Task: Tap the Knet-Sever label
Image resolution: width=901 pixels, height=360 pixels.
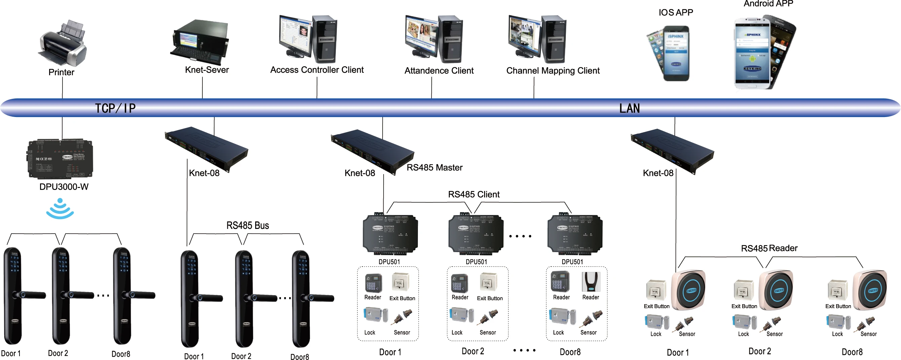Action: [x=207, y=70]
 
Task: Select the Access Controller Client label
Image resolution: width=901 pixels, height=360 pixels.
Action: [x=317, y=70]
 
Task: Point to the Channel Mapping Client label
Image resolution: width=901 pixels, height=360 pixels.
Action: [x=553, y=71]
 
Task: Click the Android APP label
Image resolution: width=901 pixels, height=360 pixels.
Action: [x=768, y=4]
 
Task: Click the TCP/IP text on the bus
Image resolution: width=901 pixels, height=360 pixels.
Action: [x=115, y=109]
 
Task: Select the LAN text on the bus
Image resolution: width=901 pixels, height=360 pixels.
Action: [x=629, y=109]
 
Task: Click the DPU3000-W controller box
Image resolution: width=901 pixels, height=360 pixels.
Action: [x=61, y=159]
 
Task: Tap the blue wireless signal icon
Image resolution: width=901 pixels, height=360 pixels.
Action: [x=60, y=209]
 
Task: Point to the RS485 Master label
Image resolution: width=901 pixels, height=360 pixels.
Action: [x=434, y=168]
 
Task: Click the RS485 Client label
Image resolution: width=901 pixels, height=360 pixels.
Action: [x=474, y=195]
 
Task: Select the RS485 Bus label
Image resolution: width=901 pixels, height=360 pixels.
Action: [x=248, y=226]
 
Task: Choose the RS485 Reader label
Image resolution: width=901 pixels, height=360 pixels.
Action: [x=769, y=248]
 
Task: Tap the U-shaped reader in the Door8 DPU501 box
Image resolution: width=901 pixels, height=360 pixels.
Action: [x=591, y=282]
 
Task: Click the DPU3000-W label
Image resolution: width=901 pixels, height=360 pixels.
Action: [x=64, y=187]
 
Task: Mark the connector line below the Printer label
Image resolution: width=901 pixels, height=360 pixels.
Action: [x=62, y=87]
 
